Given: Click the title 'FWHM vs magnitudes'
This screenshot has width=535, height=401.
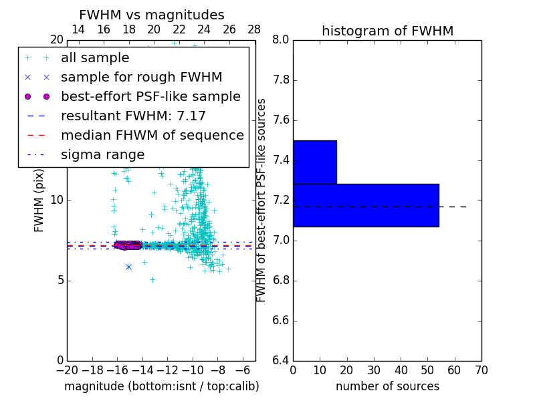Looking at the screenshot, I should coord(152,15).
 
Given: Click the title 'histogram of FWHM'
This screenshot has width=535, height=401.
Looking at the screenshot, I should coord(387,31).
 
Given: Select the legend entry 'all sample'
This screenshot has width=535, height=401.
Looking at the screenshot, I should coord(95,58).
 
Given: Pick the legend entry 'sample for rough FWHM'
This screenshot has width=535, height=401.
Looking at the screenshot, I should coord(141,78).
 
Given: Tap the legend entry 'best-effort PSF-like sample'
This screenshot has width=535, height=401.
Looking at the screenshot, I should coord(150,97).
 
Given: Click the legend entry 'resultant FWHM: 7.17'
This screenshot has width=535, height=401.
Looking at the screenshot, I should coord(133,116).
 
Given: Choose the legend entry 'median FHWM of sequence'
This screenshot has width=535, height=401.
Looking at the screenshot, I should coord(152,136).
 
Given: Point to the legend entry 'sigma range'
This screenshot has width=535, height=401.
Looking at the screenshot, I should coord(102,155).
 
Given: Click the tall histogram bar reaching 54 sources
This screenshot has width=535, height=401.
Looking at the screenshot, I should coord(366,205).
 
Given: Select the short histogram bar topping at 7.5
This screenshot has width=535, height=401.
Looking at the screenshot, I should coord(314,162).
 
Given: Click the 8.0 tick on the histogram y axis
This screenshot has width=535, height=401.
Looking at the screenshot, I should coord(281,40).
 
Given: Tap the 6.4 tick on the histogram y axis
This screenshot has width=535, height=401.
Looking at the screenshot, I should coord(281,360).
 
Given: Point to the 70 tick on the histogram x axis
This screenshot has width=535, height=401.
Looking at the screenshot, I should coord(481,370).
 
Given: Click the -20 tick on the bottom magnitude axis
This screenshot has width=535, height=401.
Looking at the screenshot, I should coord(67,370).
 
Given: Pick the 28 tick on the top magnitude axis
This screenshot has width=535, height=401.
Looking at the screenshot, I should coord(255,29).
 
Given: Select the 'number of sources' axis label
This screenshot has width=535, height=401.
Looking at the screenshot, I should coord(387,386).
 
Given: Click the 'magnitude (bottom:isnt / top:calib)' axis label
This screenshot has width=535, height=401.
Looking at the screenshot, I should coord(161,386).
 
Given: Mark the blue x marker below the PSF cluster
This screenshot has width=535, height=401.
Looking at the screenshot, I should coord(128,267).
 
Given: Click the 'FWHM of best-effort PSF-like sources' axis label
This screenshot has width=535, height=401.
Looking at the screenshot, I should coord(261,200).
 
